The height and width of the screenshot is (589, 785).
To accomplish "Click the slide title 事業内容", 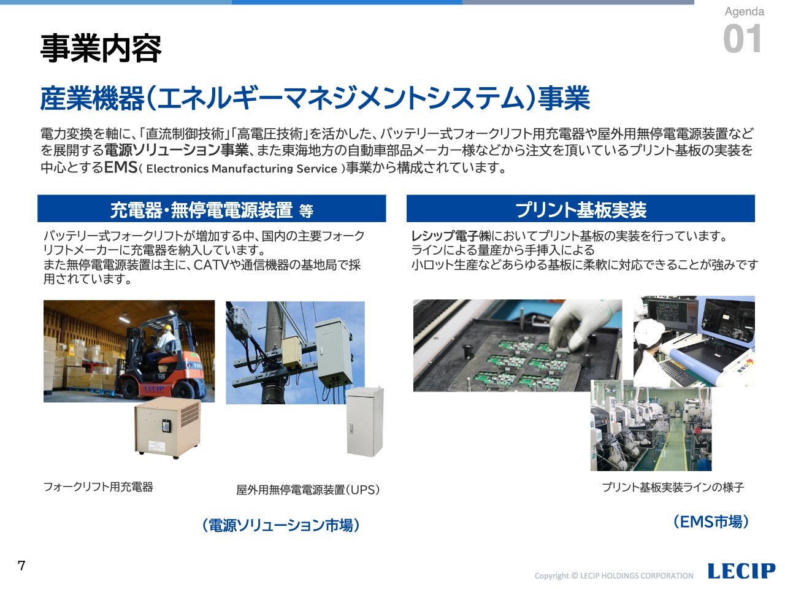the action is point(101,48).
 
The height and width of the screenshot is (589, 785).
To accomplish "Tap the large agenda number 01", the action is point(742,39).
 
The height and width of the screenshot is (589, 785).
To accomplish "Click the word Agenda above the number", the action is point(745,12).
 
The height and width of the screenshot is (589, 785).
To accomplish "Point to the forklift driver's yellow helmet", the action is point(167,327).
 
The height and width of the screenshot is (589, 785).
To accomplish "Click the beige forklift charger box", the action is point(167,428).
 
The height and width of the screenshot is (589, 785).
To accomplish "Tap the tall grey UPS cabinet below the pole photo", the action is point(365,422).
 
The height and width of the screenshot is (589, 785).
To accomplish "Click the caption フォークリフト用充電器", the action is point(98,487).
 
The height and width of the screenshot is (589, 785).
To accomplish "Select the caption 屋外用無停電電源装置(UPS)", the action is point(308,490).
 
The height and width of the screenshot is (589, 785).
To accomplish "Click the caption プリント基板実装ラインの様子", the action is point(673,487).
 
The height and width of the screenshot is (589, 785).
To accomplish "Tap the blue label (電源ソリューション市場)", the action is point(281,525).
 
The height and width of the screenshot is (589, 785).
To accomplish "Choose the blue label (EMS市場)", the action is point(711,522).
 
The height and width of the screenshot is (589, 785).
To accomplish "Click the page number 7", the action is point(21,566).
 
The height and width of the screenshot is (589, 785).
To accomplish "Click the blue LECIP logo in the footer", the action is point(741,571).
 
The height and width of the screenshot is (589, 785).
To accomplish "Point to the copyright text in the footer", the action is point(614,576).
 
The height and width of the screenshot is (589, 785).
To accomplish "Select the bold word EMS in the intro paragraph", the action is point(121,167).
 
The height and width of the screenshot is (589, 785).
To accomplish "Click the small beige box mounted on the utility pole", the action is point(291,352).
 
